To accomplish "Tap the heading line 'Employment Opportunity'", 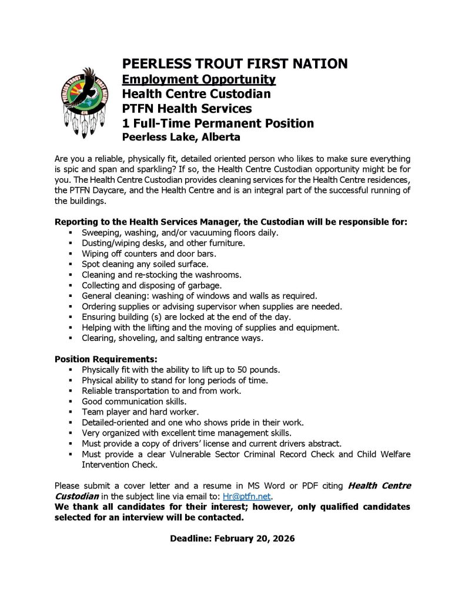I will pyautogui.click(x=198, y=79).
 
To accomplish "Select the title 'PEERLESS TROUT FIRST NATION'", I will pyautogui.click(x=235, y=63).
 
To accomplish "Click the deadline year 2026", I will pyautogui.click(x=283, y=539).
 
